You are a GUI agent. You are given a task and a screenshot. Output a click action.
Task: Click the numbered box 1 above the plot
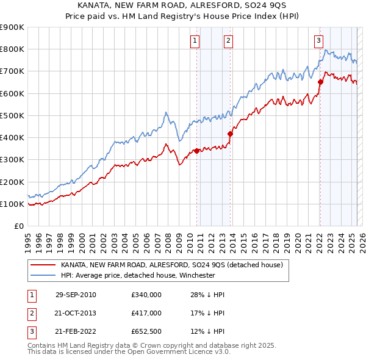pyautogui.click(x=195, y=41)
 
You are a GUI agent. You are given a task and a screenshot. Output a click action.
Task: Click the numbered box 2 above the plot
pyautogui.click(x=228, y=41)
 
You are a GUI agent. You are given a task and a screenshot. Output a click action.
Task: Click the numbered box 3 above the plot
pyautogui.click(x=318, y=41)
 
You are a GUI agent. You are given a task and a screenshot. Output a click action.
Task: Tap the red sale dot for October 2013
pyautogui.click(x=230, y=134)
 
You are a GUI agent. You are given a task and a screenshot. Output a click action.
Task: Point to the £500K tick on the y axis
pyautogui.click(x=12, y=115)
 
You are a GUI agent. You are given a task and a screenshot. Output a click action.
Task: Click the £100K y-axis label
pyautogui.click(x=12, y=204)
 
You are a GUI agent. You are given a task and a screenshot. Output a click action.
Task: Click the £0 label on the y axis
pyautogui.click(x=18, y=226)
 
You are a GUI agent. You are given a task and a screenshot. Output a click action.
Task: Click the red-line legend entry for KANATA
pyautogui.click(x=171, y=265)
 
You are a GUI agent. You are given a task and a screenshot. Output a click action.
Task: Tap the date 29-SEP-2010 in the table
pyautogui.click(x=76, y=295)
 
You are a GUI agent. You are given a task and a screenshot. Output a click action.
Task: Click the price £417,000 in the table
pyautogui.click(x=146, y=314)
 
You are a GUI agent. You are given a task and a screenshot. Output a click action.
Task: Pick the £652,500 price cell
pyautogui.click(x=146, y=333)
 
